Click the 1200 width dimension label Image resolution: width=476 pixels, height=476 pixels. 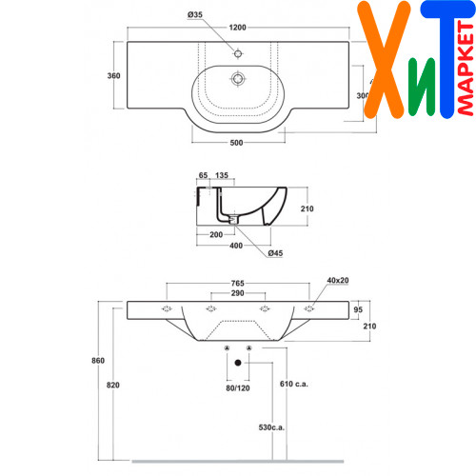(x=237, y=28)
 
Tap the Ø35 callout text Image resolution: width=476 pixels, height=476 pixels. (x=195, y=14)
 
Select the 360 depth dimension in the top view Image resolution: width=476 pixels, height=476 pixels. (x=113, y=76)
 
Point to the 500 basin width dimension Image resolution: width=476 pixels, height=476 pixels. (x=236, y=143)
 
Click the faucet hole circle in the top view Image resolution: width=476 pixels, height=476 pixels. (x=238, y=53)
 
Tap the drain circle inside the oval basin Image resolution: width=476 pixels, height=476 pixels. (x=238, y=78)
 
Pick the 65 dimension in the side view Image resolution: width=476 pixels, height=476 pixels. (x=203, y=175)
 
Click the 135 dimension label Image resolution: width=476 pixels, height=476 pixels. (x=222, y=175)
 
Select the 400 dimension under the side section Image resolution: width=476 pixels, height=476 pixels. (x=236, y=246)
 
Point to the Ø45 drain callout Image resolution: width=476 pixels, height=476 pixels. (x=275, y=253)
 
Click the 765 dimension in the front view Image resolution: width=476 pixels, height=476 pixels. (x=238, y=283)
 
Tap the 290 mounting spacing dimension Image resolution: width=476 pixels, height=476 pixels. (x=237, y=293)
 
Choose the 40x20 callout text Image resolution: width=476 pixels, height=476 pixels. (x=338, y=281)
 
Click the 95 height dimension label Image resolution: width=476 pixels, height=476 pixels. (x=358, y=309)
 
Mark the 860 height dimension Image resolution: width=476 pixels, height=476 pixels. (x=98, y=361)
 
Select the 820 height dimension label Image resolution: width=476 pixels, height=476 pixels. (x=113, y=386)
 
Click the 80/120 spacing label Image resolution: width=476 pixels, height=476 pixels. (x=238, y=388)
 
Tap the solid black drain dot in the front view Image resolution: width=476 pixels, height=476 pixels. (x=238, y=363)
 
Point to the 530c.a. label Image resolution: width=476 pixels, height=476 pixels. (x=271, y=427)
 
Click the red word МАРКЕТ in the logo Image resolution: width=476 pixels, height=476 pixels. (x=466, y=69)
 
